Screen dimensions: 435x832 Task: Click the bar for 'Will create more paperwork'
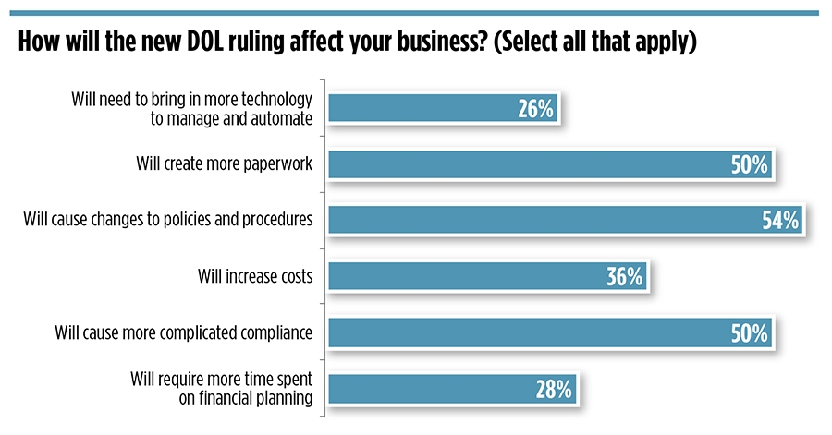[x=545, y=164]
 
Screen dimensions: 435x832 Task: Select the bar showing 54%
[x=559, y=220]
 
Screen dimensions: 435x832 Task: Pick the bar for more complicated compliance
[x=545, y=331]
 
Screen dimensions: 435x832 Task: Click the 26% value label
[x=535, y=110]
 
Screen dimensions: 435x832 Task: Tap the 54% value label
[x=778, y=221]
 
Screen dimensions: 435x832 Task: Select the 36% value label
[x=624, y=276]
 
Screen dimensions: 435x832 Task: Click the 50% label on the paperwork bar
[x=749, y=165]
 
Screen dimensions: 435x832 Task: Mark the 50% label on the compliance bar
[x=749, y=332]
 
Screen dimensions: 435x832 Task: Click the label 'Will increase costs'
[x=255, y=276]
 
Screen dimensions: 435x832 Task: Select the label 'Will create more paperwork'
[x=224, y=166]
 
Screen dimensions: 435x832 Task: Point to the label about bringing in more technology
[x=192, y=109]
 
